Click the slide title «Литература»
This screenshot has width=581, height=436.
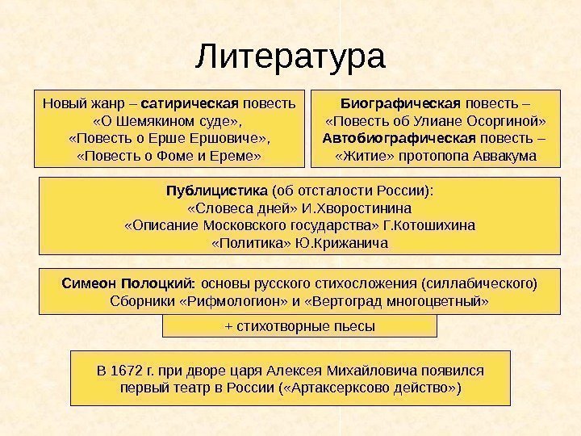click(x=290, y=58)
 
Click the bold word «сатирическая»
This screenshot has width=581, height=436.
click(x=199, y=103)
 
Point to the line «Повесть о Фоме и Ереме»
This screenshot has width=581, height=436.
click(x=168, y=154)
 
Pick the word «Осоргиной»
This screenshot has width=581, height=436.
click(x=505, y=120)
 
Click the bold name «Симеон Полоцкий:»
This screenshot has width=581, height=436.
click(x=128, y=283)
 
